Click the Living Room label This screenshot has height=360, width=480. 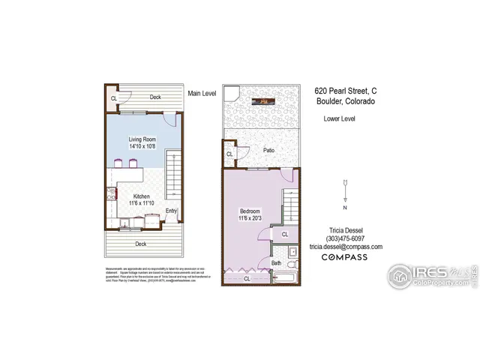[x=141, y=139]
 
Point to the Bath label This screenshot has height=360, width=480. [x=276, y=262]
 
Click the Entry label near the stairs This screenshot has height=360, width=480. [x=172, y=211]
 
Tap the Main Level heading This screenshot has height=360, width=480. [x=202, y=93]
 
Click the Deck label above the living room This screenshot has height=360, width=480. [x=155, y=97]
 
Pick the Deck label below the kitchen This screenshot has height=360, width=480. [x=140, y=244]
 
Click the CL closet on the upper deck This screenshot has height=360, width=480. [x=114, y=98]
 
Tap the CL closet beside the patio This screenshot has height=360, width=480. [x=229, y=155]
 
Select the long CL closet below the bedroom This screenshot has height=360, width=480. [x=247, y=278]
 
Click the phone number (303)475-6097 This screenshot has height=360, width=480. [x=344, y=238]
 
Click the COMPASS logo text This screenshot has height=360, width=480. [x=344, y=257]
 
